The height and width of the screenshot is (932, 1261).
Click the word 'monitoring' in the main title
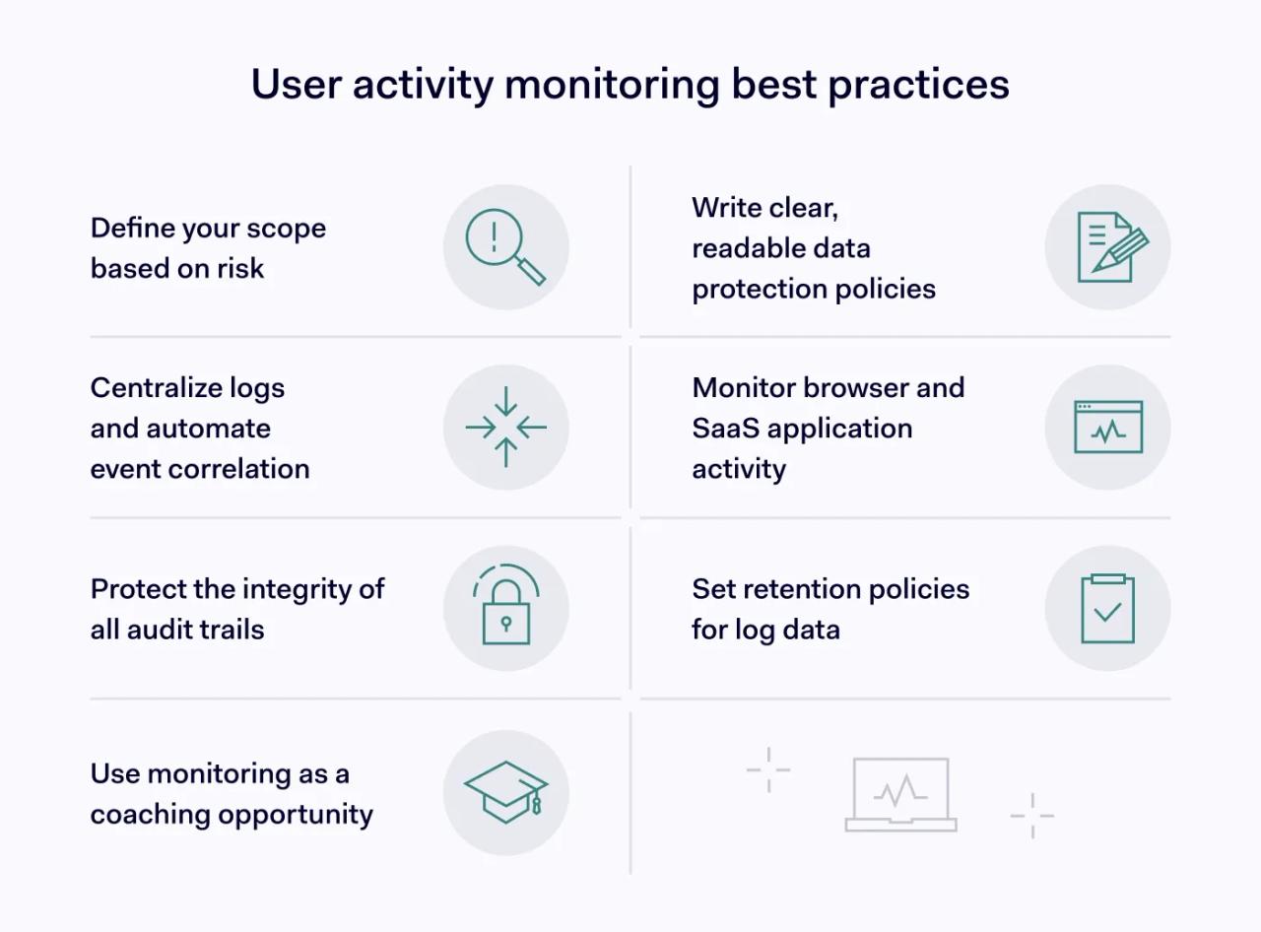612,85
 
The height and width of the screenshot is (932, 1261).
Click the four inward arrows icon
505,427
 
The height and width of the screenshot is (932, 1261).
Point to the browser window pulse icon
1108,428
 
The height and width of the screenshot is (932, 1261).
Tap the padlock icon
506,609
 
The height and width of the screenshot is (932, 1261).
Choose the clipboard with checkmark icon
1108,609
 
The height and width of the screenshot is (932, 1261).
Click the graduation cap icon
505,791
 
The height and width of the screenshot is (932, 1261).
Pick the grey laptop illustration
900,794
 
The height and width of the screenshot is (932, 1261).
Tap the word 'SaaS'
725,429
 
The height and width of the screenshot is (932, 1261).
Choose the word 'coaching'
150,815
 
